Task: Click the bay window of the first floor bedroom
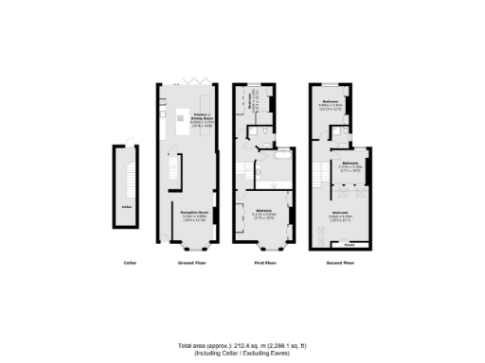click(270, 251)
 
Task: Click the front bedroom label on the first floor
click(270, 211)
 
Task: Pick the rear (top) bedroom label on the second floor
click(331, 102)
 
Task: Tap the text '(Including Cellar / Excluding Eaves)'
click(242, 354)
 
